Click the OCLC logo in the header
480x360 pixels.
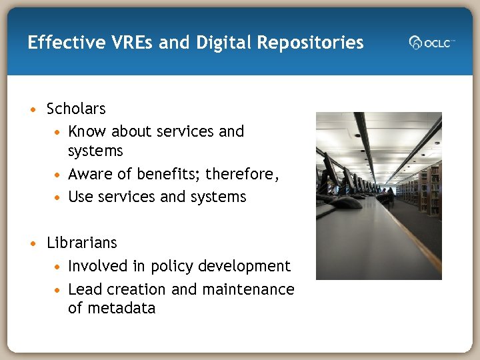pos(431,43)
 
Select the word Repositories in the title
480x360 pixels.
pos(313,43)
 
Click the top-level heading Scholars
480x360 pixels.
pos(76,109)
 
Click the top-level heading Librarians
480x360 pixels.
pos(81,243)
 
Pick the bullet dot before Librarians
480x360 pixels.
pos(33,243)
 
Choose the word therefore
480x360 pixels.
pos(241,175)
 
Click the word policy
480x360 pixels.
pos(172,267)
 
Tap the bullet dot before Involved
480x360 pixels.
pos(59,267)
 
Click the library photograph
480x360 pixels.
pos(378,195)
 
